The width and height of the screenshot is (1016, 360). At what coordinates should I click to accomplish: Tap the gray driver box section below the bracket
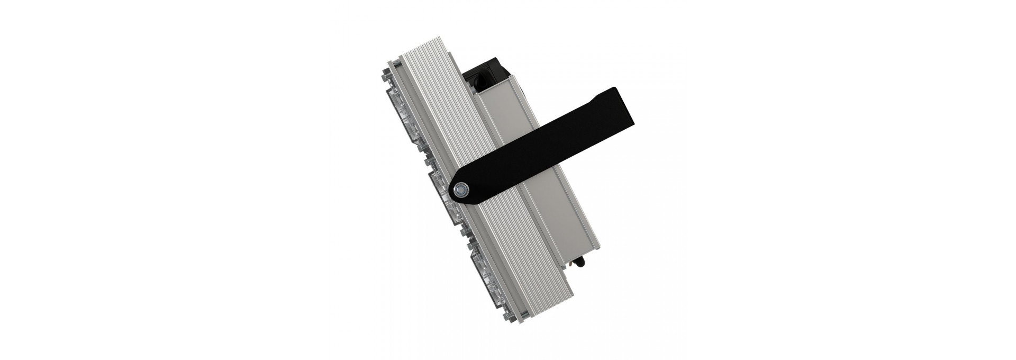(x=550, y=228)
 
